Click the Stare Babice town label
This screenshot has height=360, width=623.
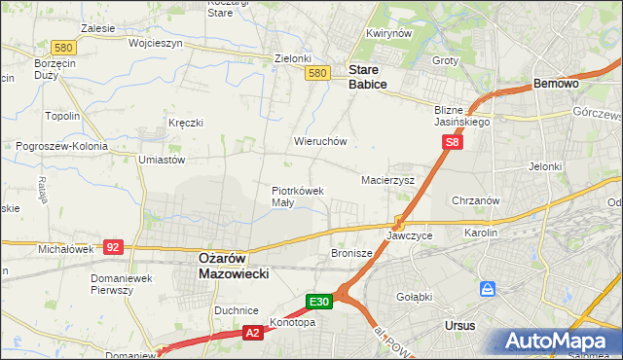tap(368, 78)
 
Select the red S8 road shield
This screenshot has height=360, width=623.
tap(452, 142)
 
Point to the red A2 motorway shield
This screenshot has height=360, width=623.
tap(252, 333)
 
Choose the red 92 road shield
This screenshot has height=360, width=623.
tap(114, 247)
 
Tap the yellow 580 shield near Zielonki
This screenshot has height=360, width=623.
tap(316, 73)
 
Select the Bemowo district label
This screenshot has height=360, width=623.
tap(557, 85)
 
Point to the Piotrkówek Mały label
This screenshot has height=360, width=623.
tap(297, 197)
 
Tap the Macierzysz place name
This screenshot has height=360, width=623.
tap(388, 181)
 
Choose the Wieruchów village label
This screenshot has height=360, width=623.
tap(320, 141)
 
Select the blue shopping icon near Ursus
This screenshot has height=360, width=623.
tap(488, 289)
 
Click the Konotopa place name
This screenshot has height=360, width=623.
tap(294, 322)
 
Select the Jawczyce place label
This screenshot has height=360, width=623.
tap(409, 235)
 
